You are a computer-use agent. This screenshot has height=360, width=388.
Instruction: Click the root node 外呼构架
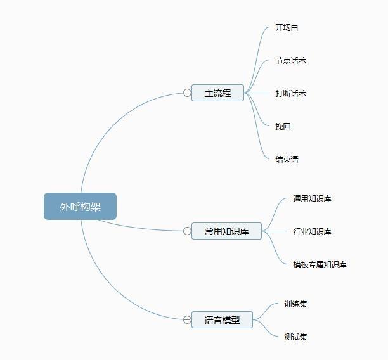(x=80, y=207)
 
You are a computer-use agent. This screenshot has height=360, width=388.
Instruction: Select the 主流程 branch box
(x=217, y=93)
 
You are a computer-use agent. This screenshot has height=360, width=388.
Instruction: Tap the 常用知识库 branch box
(x=226, y=231)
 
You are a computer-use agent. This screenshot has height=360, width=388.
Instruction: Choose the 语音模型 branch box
(x=222, y=320)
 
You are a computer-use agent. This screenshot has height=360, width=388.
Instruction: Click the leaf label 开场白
(x=287, y=28)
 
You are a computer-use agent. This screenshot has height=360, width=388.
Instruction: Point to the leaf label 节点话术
(x=290, y=61)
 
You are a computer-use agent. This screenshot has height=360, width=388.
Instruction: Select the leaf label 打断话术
(x=290, y=94)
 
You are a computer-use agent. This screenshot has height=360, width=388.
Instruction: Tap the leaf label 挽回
(x=283, y=127)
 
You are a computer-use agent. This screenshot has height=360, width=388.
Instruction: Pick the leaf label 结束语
(x=287, y=160)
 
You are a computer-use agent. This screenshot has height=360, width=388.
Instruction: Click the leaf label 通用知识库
(x=312, y=199)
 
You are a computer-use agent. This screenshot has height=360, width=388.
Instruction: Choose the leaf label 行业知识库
(x=312, y=232)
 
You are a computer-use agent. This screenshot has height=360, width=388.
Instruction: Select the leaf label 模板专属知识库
(x=320, y=265)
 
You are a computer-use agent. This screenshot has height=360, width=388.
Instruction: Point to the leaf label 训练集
(x=295, y=304)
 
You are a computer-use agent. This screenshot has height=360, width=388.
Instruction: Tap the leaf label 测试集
(x=295, y=337)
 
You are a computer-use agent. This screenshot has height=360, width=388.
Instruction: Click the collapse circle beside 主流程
(x=187, y=93)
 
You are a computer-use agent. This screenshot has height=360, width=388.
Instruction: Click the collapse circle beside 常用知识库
(x=187, y=231)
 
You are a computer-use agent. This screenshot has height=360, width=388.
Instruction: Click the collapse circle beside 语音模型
(x=187, y=320)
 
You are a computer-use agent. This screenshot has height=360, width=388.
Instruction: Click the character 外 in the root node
(x=65, y=207)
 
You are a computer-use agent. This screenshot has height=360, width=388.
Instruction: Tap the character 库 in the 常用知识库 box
(x=245, y=231)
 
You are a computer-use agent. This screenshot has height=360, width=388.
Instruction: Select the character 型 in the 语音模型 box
(x=236, y=320)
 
